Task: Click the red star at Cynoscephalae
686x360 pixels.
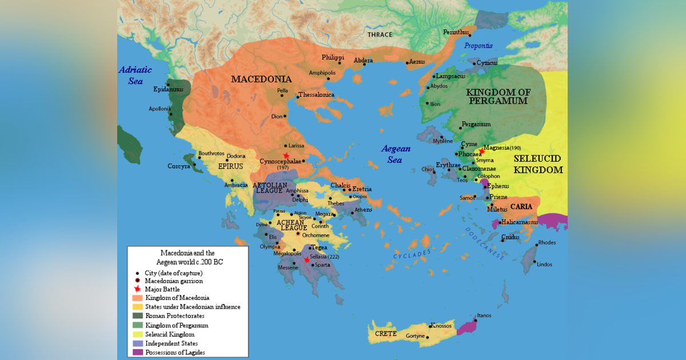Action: [286, 155]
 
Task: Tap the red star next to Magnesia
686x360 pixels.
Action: [481, 151]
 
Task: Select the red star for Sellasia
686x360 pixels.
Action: [307, 259]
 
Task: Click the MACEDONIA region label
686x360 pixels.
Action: [261, 79]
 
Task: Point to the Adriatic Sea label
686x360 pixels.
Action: [135, 75]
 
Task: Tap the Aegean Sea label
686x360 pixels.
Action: [396, 154]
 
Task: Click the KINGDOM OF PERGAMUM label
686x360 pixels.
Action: [497, 97]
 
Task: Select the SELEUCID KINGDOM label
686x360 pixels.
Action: [537, 164]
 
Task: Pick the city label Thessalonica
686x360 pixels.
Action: [316, 95]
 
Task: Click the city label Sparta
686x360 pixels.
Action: [321, 265]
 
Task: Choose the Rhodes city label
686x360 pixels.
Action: [547, 243]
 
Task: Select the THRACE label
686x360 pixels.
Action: [380, 35]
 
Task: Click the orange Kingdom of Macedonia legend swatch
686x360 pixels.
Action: [137, 298]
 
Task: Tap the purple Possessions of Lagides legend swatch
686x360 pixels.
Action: [137, 353]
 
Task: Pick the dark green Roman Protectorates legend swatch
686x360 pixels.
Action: [137, 316]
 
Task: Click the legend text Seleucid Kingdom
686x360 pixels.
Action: [170, 334]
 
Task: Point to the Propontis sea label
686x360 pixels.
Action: [478, 46]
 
